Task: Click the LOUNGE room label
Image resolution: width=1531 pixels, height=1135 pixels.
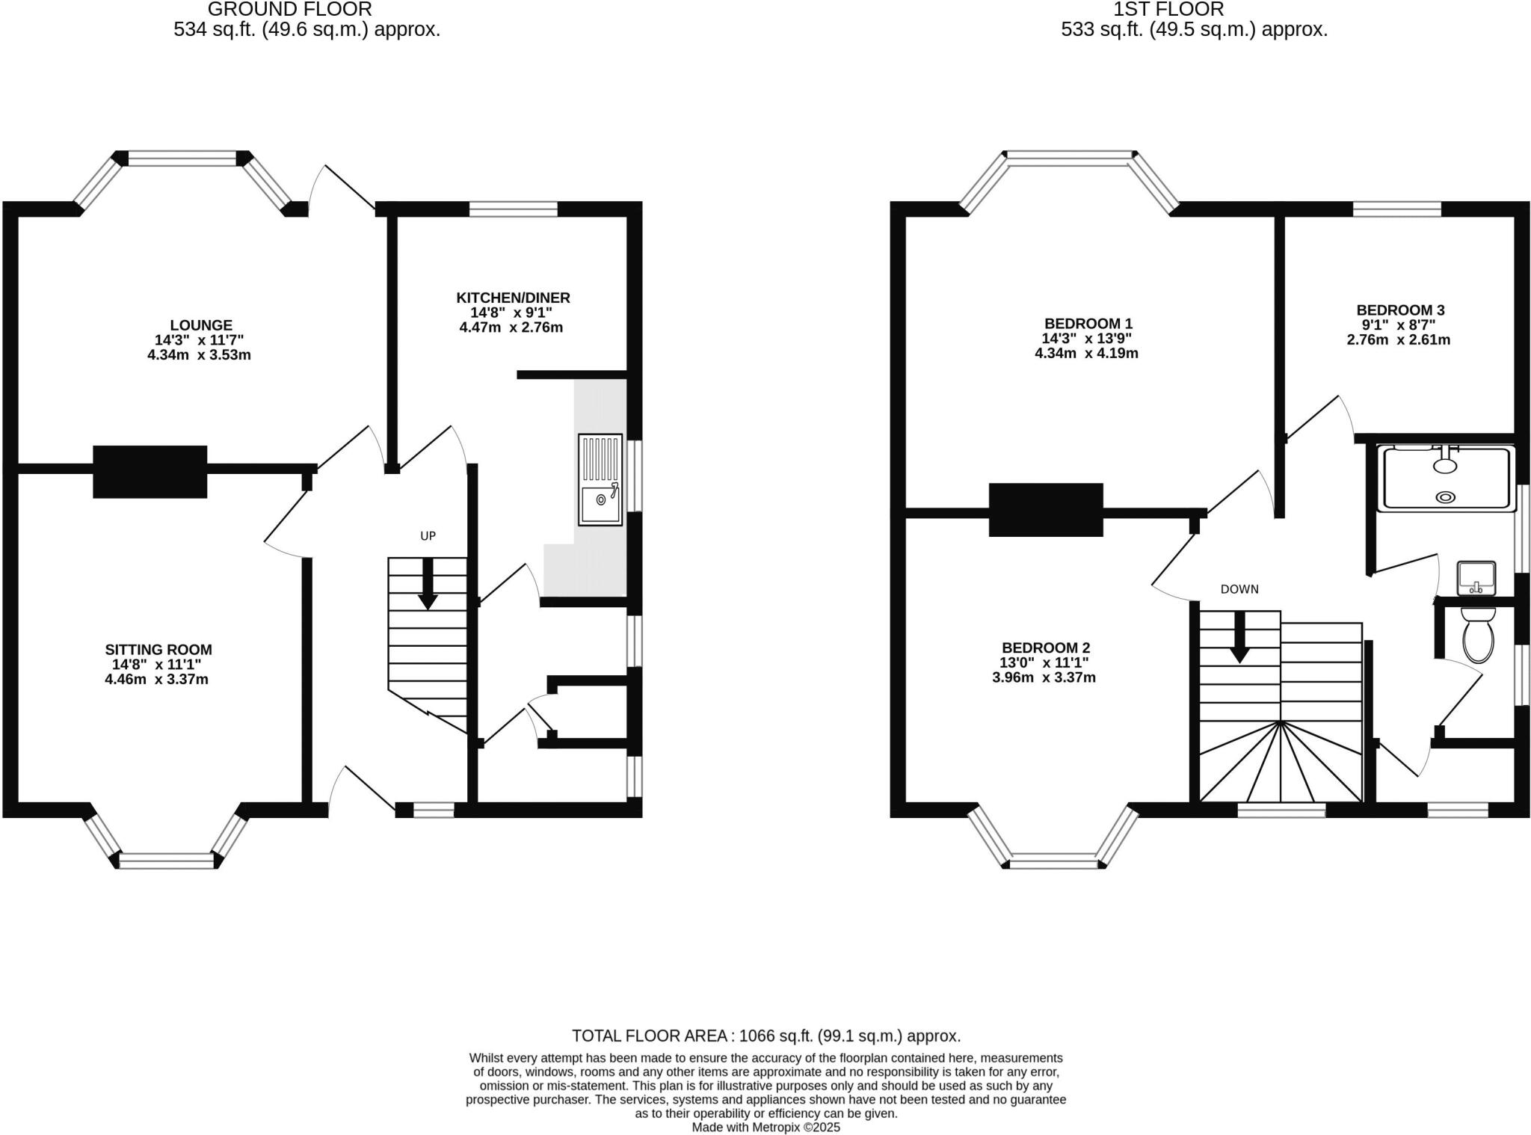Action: (200, 325)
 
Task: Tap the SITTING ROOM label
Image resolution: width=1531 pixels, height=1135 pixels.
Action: (158, 650)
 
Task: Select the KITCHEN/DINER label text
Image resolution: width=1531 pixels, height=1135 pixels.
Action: (513, 298)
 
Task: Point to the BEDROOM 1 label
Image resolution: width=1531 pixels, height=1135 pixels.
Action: (1088, 324)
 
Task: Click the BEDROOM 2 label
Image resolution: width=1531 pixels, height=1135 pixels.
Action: (1045, 648)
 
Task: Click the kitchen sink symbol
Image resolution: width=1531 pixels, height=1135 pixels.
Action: (600, 480)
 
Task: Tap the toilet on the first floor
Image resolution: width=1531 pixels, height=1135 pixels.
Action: (1477, 636)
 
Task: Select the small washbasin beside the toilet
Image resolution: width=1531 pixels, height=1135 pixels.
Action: (1476, 578)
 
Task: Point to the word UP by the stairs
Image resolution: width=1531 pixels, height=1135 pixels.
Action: (428, 536)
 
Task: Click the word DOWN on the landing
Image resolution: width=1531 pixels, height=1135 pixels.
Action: (1239, 589)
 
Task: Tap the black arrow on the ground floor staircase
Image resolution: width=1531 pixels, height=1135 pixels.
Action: (428, 585)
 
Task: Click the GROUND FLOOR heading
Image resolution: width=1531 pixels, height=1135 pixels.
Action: (289, 10)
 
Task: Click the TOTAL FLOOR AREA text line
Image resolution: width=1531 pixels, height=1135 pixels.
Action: (765, 1036)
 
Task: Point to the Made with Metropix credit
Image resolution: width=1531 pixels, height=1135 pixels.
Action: (765, 1127)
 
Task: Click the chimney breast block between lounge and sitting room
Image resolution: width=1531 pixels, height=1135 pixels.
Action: (150, 471)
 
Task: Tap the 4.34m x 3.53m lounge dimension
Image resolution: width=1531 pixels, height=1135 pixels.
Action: (199, 354)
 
